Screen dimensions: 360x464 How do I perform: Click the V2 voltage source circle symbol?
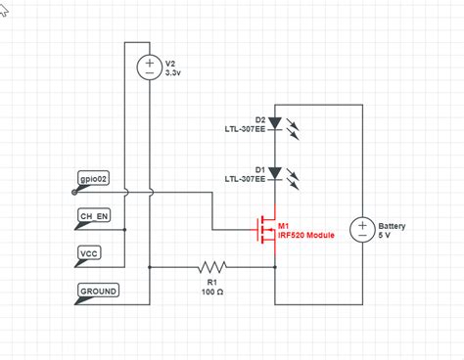click(x=150, y=67)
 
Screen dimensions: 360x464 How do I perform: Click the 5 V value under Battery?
click(x=387, y=235)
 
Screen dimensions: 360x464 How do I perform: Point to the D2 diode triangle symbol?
click(x=275, y=124)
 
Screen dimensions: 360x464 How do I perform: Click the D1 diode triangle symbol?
click(x=275, y=172)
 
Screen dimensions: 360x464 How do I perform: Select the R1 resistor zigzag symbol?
click(x=211, y=266)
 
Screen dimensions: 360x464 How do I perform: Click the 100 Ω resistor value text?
click(x=211, y=292)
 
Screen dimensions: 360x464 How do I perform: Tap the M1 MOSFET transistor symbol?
click(x=266, y=230)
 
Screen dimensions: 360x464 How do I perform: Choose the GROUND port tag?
click(x=99, y=291)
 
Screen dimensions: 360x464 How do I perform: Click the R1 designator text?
click(x=211, y=283)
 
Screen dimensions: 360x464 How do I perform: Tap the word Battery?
click(x=392, y=225)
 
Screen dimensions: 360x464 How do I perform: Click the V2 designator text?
click(x=170, y=63)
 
